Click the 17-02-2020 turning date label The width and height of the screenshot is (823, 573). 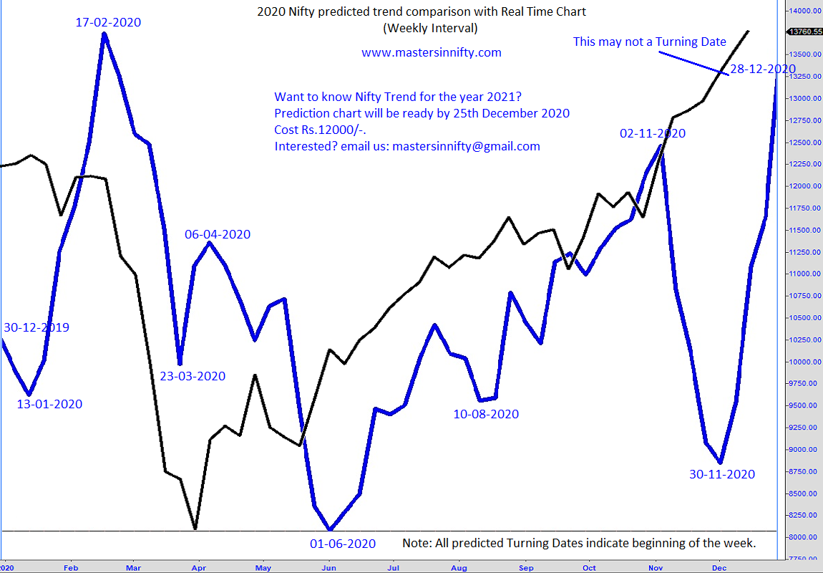(108, 22)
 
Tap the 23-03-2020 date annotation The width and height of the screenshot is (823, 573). (193, 376)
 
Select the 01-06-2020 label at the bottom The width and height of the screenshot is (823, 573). (343, 544)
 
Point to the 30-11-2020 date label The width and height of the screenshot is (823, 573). (722, 473)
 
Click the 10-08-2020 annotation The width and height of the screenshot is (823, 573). (486, 413)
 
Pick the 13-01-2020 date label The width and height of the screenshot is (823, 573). (49, 404)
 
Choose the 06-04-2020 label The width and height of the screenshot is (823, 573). (218, 234)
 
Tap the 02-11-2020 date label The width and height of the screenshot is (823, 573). (653, 133)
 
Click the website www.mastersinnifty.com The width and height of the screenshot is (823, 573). (431, 52)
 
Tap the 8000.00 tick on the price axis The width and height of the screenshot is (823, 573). (804, 537)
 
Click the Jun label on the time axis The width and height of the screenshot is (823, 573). (328, 567)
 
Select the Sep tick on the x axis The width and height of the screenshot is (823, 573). (526, 567)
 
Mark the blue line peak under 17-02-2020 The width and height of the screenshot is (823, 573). (104, 34)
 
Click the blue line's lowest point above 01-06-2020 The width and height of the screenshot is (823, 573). (328, 529)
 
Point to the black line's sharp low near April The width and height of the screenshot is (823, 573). (195, 529)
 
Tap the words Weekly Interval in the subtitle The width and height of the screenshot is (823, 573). (431, 29)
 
